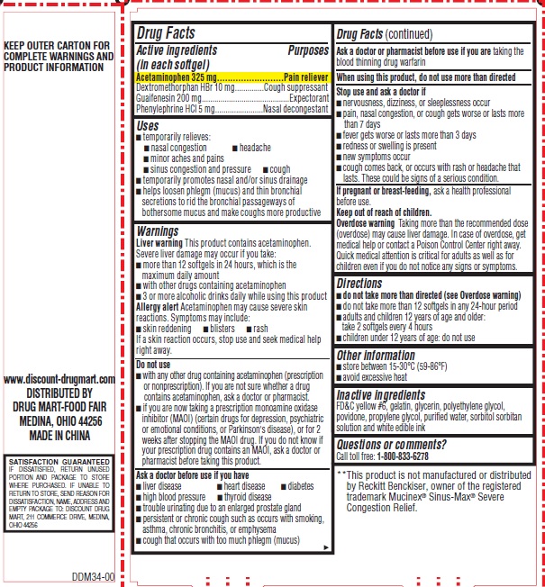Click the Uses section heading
[147, 126]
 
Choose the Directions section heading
[359, 283]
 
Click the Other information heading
[375, 355]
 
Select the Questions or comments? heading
[390, 444]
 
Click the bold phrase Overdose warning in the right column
[365, 221]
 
